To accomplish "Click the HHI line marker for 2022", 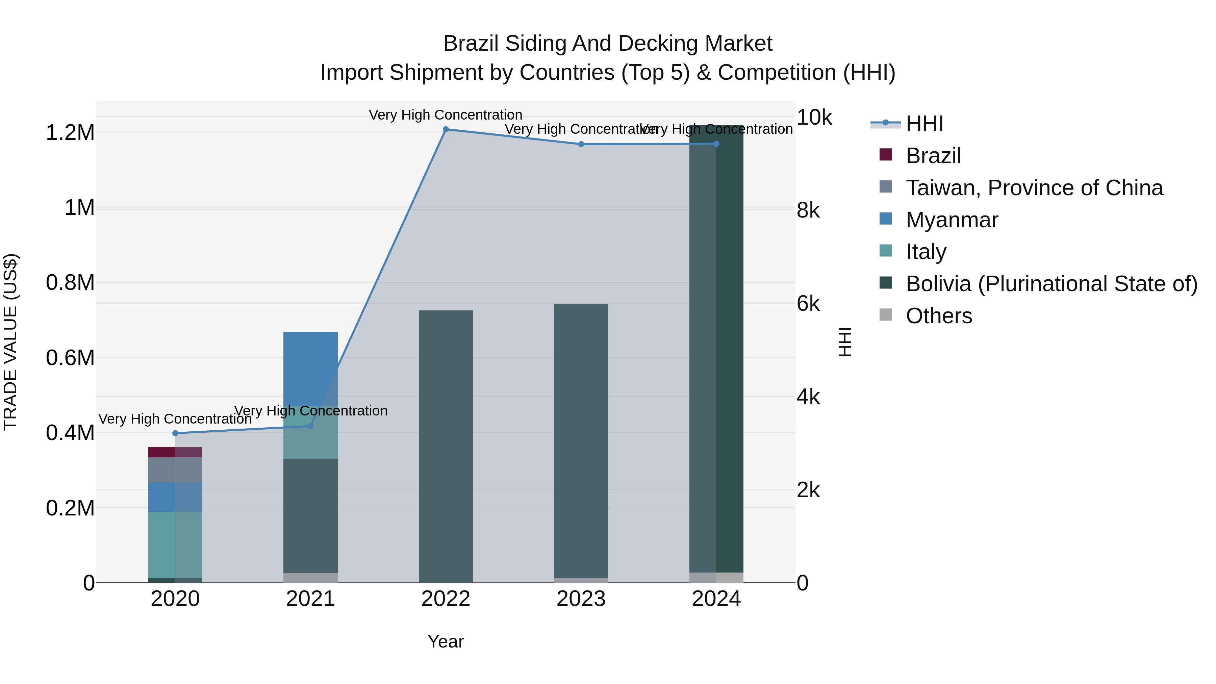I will click(446, 129).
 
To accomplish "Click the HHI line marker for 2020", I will click(175, 433).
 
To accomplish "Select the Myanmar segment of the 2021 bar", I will click(310, 368).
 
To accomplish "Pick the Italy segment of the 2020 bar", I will click(175, 545).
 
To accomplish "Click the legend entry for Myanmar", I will click(952, 220).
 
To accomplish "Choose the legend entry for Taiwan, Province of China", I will click(1034, 188).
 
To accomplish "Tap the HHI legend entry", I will click(924, 124).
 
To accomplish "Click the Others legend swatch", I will click(886, 315).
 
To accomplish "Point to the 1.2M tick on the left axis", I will click(70, 133).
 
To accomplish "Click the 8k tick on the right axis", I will click(808, 210).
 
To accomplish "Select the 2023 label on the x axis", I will click(581, 599).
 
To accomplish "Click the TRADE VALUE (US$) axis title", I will click(10, 342).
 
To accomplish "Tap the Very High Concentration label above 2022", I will click(445, 115).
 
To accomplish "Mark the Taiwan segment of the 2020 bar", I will click(175, 470).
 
